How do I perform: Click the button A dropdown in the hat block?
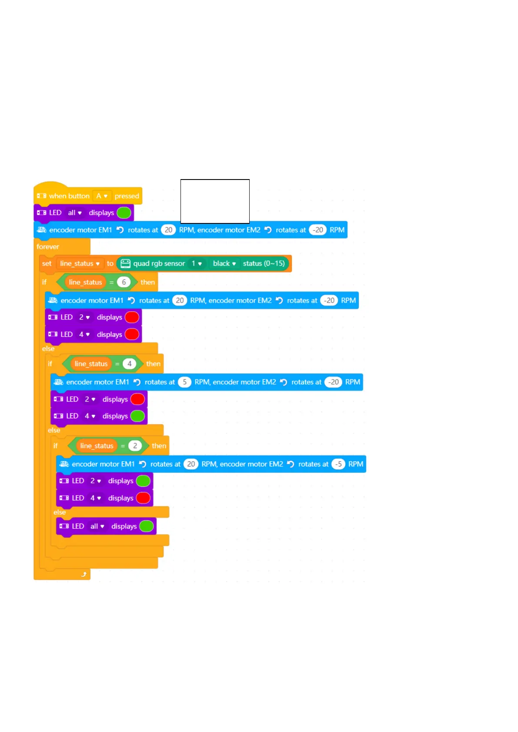click(x=102, y=196)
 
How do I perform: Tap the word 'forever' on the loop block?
click(x=48, y=247)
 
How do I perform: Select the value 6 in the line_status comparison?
click(x=124, y=283)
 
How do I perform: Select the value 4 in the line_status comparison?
click(x=129, y=364)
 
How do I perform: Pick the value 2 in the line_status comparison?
click(x=135, y=446)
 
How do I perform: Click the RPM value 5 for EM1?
click(x=184, y=382)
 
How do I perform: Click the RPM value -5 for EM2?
click(x=338, y=464)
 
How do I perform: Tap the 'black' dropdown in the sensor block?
click(x=224, y=263)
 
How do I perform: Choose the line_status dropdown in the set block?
click(x=80, y=263)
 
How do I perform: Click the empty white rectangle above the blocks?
click(x=215, y=201)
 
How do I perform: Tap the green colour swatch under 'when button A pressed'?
click(x=124, y=213)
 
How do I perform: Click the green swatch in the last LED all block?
click(x=147, y=526)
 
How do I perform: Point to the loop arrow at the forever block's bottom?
click(x=84, y=575)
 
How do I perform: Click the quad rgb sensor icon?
click(x=125, y=263)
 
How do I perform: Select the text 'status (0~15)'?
click(x=264, y=263)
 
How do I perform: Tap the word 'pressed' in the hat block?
click(x=127, y=196)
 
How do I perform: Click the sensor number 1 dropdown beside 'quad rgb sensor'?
click(x=197, y=263)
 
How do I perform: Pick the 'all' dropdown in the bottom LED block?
click(x=97, y=526)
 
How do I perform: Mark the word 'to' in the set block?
click(x=110, y=263)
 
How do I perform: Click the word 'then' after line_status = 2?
click(x=159, y=446)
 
